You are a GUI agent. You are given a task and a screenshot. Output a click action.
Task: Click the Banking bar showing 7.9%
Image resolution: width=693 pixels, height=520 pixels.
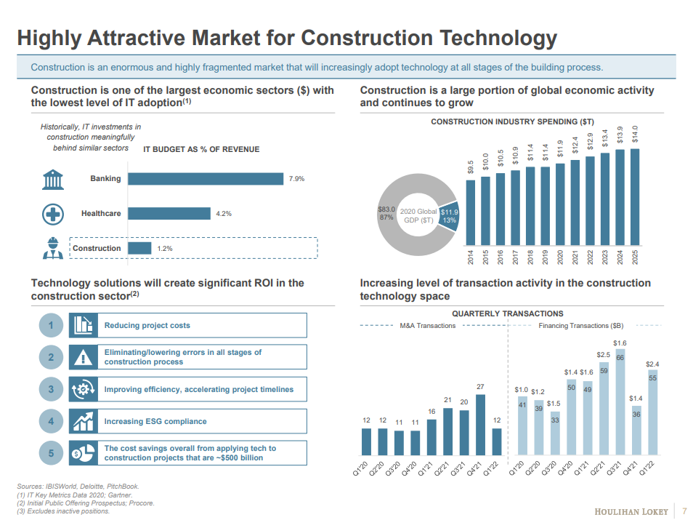[x=206, y=179]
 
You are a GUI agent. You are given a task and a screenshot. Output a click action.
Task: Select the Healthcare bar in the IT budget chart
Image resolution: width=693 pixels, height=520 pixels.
[x=169, y=214]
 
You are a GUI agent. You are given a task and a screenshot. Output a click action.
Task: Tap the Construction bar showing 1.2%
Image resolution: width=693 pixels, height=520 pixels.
[x=139, y=249]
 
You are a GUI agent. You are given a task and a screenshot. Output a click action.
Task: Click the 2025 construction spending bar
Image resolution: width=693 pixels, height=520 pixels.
[x=635, y=196]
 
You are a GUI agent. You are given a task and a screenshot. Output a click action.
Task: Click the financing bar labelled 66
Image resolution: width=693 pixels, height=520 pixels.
[x=620, y=403]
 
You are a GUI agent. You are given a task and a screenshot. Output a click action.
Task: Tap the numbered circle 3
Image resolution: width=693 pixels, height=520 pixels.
[x=51, y=390]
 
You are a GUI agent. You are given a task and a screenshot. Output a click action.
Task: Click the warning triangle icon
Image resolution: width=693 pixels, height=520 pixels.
[x=84, y=357]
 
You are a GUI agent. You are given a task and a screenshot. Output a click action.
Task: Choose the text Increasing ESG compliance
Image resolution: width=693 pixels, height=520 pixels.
[x=155, y=422]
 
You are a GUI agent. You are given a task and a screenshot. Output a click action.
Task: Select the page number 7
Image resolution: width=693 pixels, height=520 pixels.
[x=684, y=511]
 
